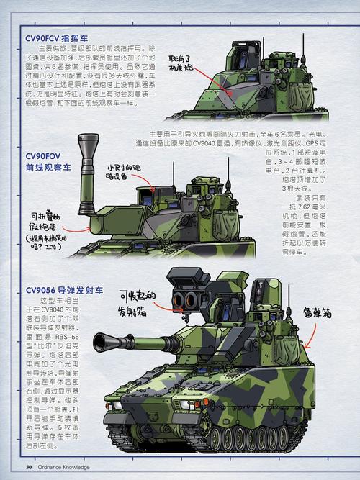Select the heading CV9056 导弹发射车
point(64,289)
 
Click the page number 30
point(29,468)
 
